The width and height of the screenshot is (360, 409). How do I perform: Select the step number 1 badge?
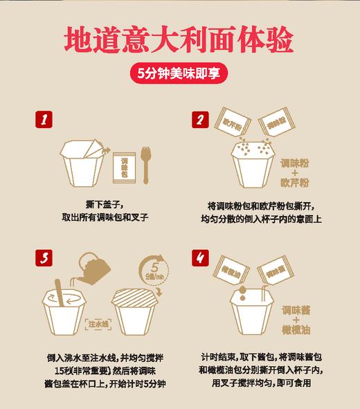click(x=44, y=119)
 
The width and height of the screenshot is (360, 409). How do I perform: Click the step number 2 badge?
click(x=199, y=119)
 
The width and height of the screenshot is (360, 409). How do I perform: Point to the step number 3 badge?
click(x=44, y=259)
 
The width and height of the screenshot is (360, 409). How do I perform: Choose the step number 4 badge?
click(x=199, y=259)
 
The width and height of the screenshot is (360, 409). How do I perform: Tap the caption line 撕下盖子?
click(x=105, y=206)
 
